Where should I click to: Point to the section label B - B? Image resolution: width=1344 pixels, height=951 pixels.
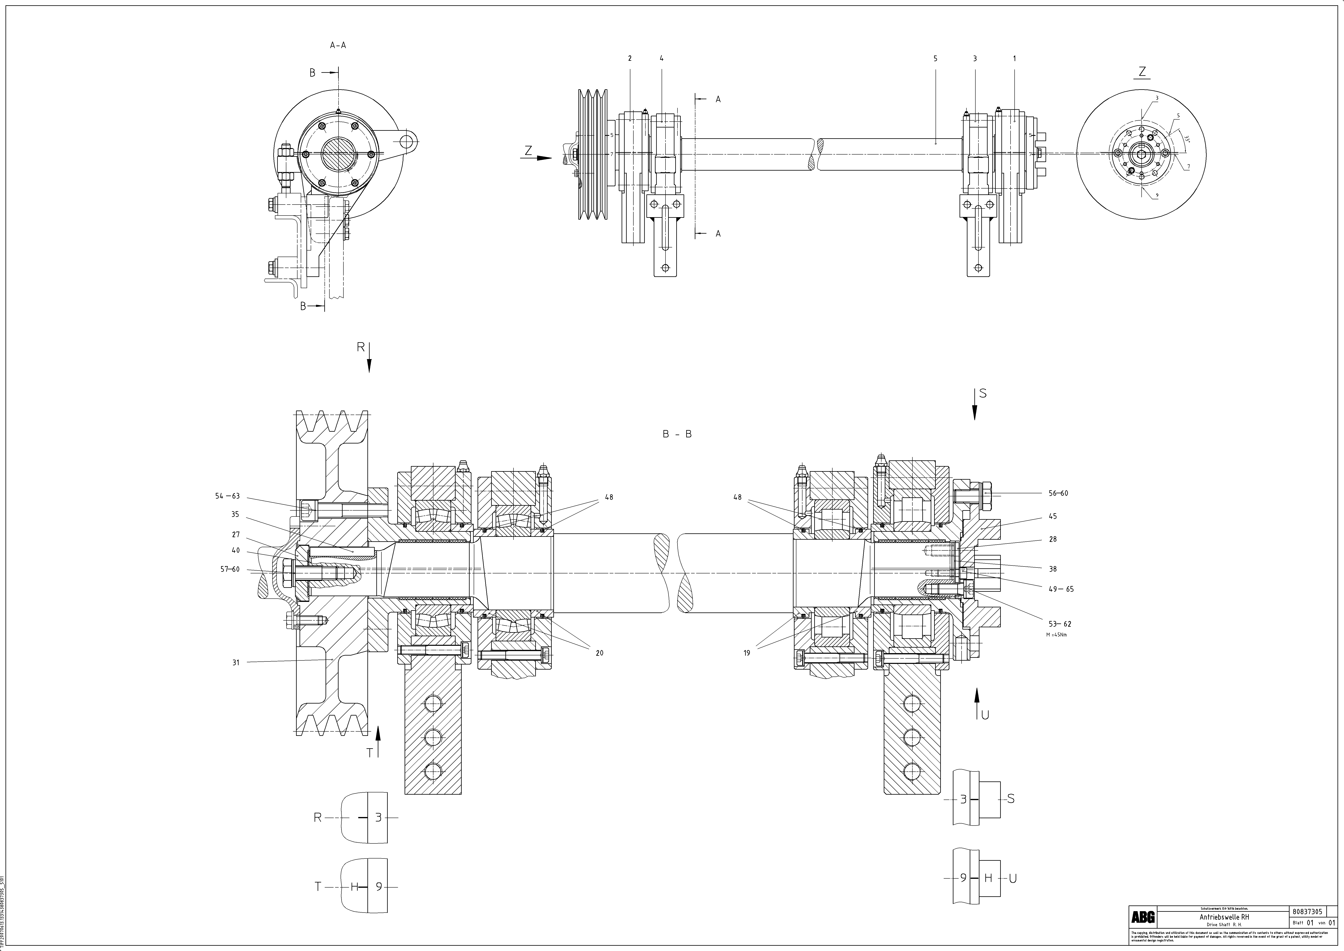(677, 434)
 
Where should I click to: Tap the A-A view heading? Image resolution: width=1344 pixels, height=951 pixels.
(338, 45)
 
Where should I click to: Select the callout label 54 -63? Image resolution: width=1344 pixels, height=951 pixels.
(228, 496)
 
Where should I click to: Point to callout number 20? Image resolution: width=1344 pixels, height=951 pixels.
(599, 653)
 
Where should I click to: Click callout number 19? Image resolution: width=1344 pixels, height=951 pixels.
(747, 653)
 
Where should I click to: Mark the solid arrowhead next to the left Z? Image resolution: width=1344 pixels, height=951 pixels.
(544, 158)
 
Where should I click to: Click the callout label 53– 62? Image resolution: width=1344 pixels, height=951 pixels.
(1060, 624)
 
